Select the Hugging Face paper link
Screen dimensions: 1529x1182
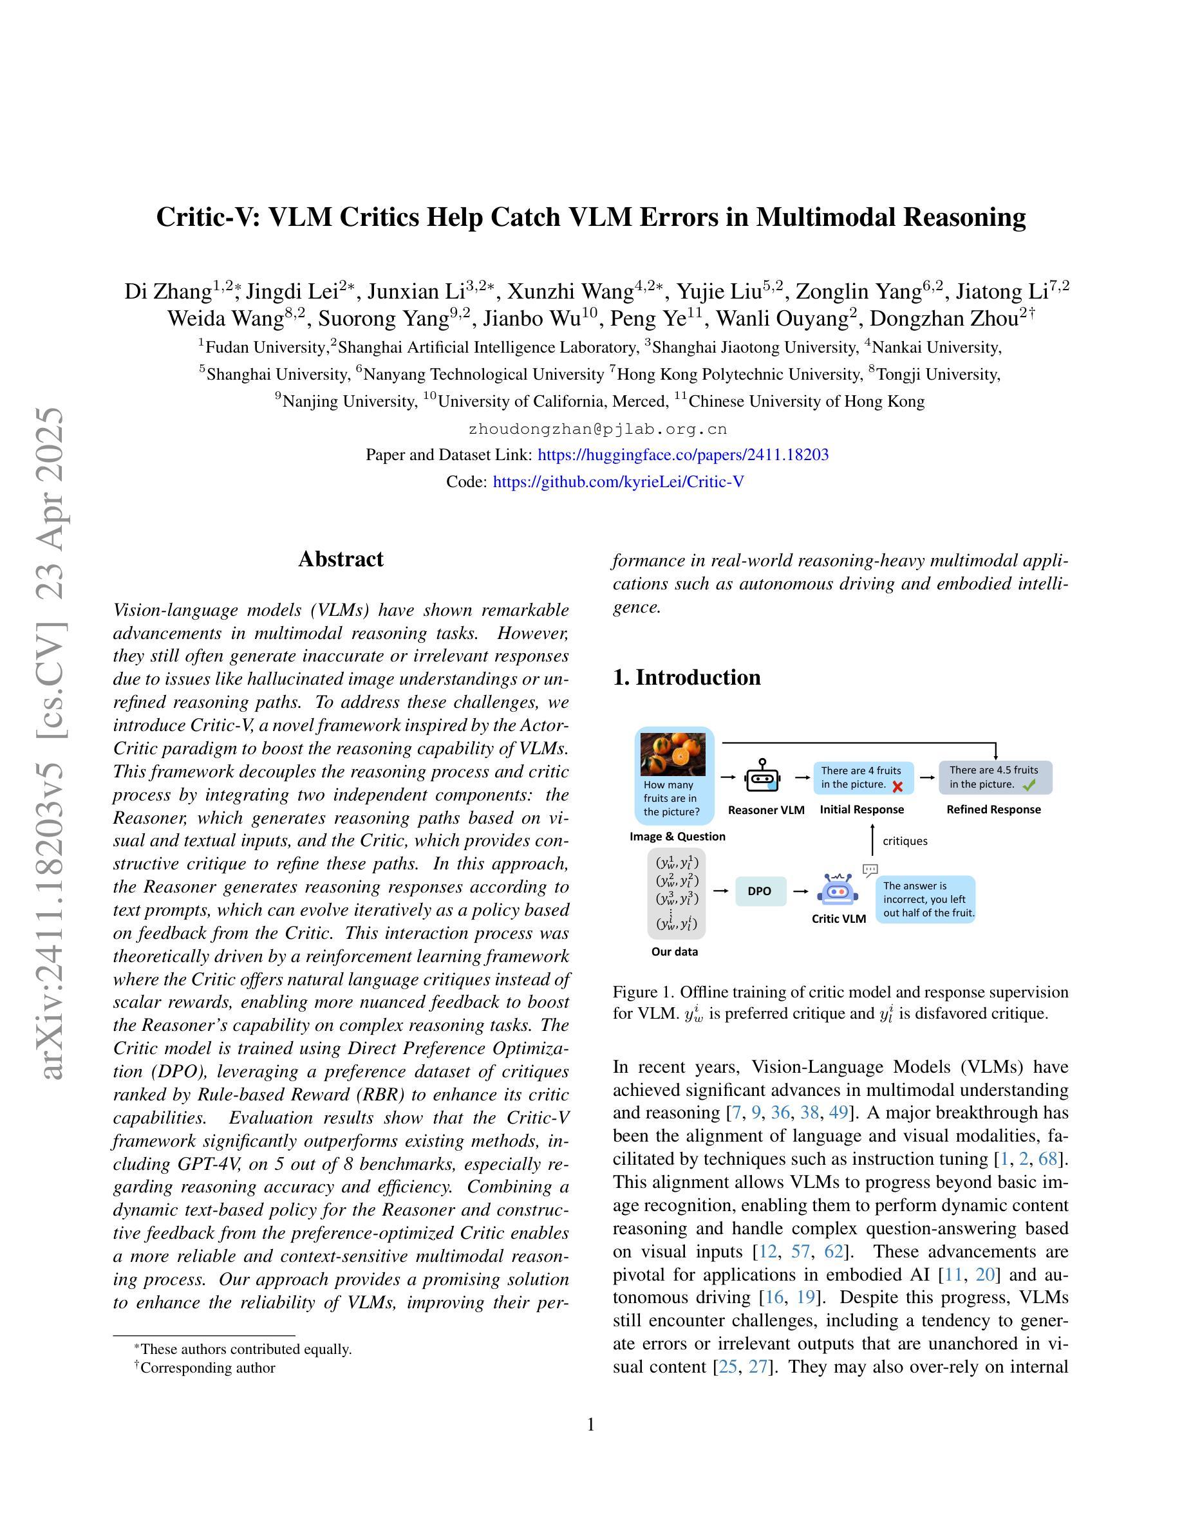click(682, 454)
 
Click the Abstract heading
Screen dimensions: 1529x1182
click(341, 559)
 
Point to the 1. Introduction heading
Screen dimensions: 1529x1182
click(686, 677)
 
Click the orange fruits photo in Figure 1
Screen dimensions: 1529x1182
click(673, 754)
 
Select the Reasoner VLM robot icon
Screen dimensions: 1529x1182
click(762, 777)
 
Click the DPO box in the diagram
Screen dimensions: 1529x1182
click(760, 891)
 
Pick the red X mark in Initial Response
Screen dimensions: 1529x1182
click(897, 786)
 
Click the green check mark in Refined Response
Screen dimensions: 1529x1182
click(1029, 786)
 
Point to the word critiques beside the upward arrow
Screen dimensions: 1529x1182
click(905, 841)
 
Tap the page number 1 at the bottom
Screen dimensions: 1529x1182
click(590, 1425)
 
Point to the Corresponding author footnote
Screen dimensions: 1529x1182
click(207, 1367)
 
